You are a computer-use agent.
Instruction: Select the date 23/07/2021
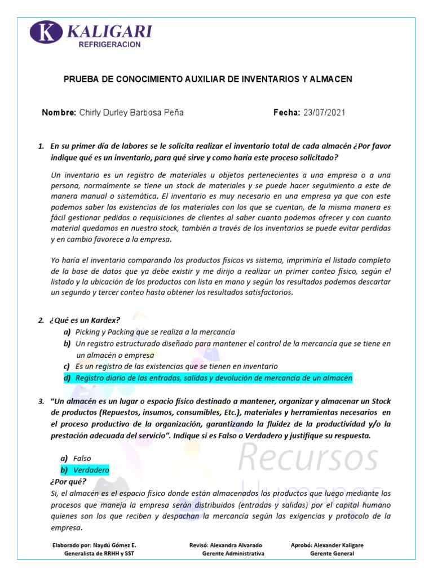point(324,113)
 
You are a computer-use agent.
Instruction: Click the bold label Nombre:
point(59,113)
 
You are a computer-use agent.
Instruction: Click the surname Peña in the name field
point(173,113)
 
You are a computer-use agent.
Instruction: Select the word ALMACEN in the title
point(332,79)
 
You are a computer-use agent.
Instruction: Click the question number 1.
point(41,146)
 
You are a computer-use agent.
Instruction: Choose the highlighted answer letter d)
point(67,378)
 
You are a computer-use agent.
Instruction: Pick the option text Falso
point(82,458)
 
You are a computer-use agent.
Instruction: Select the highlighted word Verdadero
point(91,470)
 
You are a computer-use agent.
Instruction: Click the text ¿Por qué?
point(68,482)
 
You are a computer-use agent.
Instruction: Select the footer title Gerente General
point(332,553)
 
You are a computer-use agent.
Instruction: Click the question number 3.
point(41,401)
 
